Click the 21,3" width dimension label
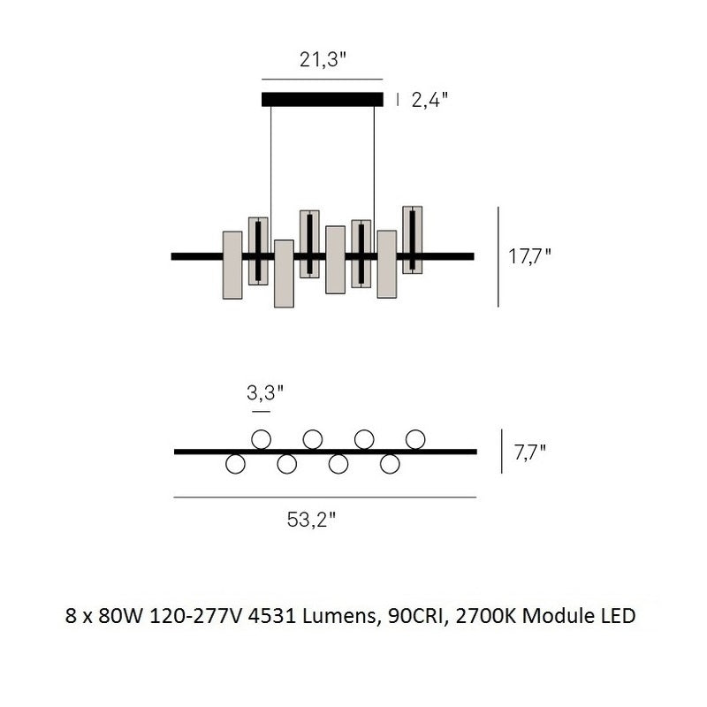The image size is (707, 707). tap(323, 61)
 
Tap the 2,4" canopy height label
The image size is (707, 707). tap(429, 100)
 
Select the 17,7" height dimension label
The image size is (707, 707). tap(529, 257)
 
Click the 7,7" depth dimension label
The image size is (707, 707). tap(529, 452)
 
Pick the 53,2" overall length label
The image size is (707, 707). tap(311, 521)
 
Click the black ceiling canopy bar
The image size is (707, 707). tap(323, 99)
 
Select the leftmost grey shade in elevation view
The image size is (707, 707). tap(232, 265)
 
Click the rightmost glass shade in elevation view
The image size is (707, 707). tap(413, 239)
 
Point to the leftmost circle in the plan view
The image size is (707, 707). tap(235, 464)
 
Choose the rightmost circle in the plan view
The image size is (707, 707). tap(415, 438)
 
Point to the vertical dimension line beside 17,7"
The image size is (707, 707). tap(498, 257)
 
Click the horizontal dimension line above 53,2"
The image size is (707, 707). tap(324, 498)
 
